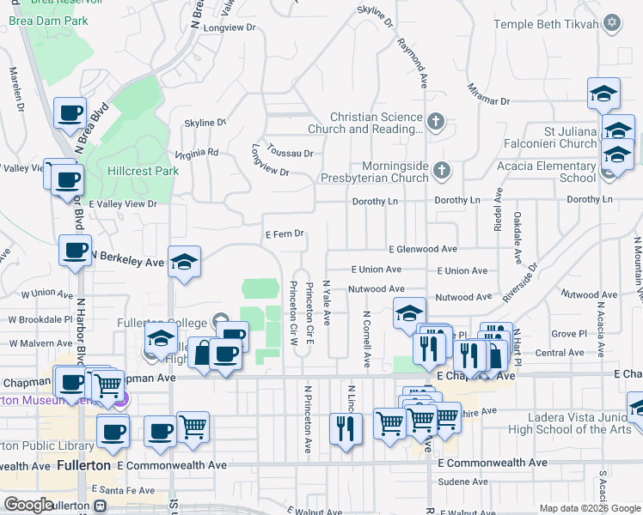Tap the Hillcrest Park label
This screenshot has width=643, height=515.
[x=143, y=171]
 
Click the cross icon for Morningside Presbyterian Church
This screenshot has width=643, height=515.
[x=442, y=168]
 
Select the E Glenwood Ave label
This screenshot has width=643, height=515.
[x=423, y=249]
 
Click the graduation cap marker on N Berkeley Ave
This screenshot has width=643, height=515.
[x=184, y=261]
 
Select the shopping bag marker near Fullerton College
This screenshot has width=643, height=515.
[x=204, y=353]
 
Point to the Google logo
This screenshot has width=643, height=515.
[x=28, y=505]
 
